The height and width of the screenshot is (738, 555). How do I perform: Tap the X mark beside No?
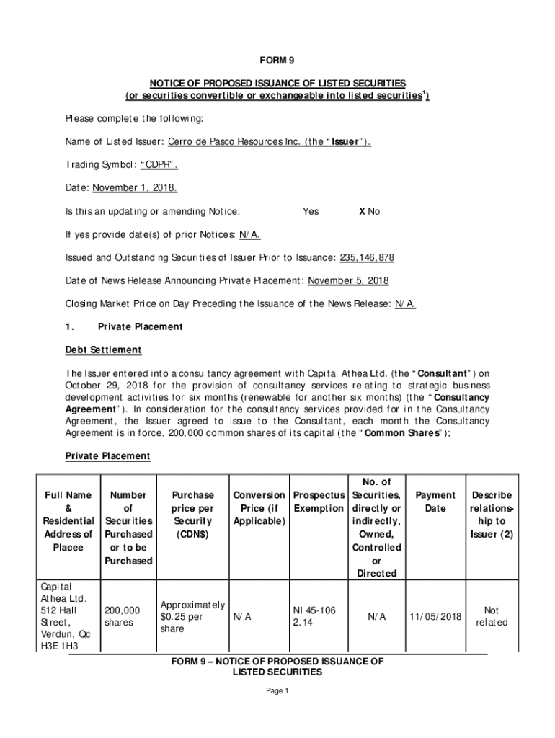[363, 212]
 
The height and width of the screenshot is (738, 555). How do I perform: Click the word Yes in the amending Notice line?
[311, 212]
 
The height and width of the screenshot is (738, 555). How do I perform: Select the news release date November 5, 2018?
[348, 281]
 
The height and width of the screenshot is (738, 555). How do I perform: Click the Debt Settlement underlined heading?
[103, 350]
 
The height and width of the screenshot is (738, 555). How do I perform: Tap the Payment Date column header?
[435, 502]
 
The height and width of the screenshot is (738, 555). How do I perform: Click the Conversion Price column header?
[258, 508]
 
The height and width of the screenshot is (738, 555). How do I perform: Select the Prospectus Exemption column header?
[318, 502]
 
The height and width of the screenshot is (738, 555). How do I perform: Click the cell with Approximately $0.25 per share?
[192, 616]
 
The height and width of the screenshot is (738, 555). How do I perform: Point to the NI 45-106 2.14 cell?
[306, 616]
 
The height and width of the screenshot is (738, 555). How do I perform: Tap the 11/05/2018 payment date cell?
[435, 617]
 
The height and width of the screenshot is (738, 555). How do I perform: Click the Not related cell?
[492, 616]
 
